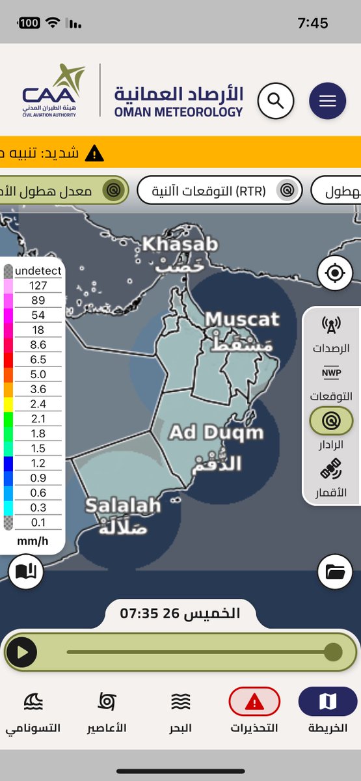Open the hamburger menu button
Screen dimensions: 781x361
[327, 102]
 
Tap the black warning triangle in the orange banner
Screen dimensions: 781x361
[95, 154]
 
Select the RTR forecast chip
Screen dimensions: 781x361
[220, 191]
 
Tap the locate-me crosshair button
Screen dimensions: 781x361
[335, 273]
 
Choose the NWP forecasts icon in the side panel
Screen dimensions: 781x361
[332, 374]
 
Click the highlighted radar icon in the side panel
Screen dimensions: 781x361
[332, 421]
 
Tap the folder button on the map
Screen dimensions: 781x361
[335, 572]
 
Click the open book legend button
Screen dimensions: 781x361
[26, 572]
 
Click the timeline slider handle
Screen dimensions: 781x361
[333, 651]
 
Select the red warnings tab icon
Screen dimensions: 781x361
[254, 702]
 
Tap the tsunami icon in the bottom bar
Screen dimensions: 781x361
[33, 702]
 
